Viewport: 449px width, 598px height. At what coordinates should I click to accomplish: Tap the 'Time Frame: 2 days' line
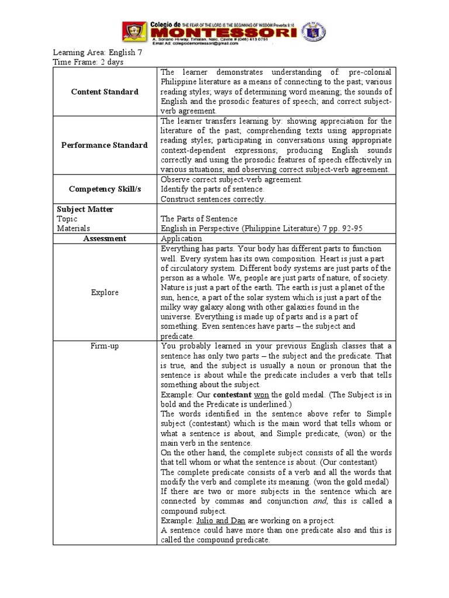88,62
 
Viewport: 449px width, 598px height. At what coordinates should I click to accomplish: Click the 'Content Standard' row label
105,92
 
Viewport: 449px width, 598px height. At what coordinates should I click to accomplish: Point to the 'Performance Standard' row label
105,145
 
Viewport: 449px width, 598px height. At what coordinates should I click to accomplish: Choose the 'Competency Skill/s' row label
105,189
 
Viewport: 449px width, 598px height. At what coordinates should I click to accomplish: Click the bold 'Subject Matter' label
85,209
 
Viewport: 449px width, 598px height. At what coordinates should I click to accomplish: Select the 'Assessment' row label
105,239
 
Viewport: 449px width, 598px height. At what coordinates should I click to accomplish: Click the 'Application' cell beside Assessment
181,239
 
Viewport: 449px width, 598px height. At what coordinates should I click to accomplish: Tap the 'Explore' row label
105,293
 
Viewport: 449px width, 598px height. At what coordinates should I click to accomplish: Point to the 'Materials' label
74,229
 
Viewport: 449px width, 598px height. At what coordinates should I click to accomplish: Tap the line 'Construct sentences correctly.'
213,199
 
